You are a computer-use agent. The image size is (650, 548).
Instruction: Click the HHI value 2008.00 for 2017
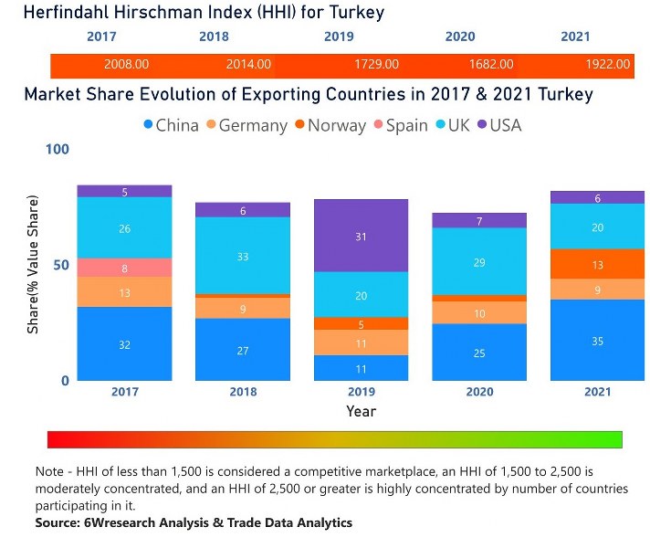[x=127, y=65]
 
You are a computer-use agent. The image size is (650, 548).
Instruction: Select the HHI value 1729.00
[x=376, y=65]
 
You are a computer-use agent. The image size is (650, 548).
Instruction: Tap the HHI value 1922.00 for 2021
[x=608, y=65]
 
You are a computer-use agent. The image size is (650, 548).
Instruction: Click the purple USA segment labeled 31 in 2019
[x=361, y=236]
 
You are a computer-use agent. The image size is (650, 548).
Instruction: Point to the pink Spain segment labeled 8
[x=124, y=268]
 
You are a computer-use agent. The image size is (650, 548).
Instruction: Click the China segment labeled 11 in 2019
[x=361, y=368]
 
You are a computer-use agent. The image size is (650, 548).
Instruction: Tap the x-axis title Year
[x=361, y=411]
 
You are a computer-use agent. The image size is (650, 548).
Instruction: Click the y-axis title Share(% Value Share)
[x=33, y=264]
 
